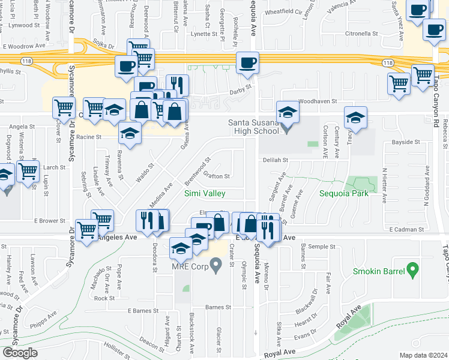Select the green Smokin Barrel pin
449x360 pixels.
click(412, 270)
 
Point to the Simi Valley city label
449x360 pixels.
click(205, 193)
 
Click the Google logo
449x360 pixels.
click(20, 353)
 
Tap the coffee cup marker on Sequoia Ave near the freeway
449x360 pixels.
click(247, 63)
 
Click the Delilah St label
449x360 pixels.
click(276, 160)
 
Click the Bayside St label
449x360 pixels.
click(406, 142)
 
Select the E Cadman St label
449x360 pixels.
click(406, 229)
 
